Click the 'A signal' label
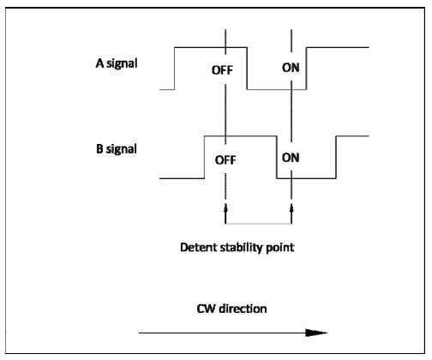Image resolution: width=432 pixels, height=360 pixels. tap(117, 63)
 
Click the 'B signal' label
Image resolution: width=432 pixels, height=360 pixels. tap(117, 149)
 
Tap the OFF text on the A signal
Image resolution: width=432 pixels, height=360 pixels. tap(222, 70)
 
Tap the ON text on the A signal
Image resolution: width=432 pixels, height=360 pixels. tap(291, 68)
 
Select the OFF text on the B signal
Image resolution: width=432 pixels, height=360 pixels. tap(225, 160)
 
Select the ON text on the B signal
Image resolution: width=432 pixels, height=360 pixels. tap(291, 158)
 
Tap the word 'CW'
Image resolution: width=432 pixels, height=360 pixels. tap(206, 309)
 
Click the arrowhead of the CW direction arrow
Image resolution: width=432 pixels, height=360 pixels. tap(316, 333)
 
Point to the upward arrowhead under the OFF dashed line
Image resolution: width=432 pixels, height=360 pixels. tap(225, 207)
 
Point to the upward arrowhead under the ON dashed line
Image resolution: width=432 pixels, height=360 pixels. tap(291, 207)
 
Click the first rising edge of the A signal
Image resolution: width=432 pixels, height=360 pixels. tap(175, 69)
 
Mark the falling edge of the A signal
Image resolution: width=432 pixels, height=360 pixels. tap(247, 69)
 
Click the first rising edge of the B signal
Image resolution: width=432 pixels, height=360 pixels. tap(205, 158)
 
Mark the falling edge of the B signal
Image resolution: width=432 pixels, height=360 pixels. tap(277, 158)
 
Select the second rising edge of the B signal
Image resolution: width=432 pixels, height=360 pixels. tap(336, 158)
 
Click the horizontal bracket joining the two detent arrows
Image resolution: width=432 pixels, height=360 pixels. tap(259, 224)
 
